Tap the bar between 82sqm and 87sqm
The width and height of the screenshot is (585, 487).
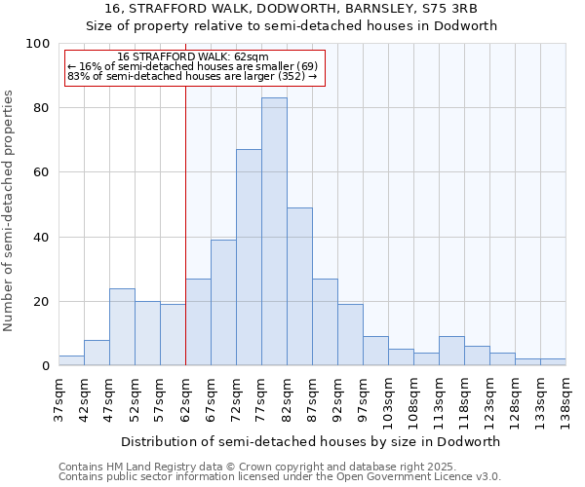pyautogui.click(x=299, y=286)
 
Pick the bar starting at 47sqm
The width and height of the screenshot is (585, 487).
pyautogui.click(x=122, y=327)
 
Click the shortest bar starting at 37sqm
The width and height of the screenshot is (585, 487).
pyautogui.click(x=71, y=360)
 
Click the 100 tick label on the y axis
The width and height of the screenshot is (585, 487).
pyautogui.click(x=38, y=44)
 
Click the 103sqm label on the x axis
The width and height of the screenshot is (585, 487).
pyautogui.click(x=388, y=399)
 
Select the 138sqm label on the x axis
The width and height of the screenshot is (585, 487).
pyautogui.click(x=565, y=399)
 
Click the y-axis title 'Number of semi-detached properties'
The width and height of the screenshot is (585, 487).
pyautogui.click(x=10, y=210)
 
